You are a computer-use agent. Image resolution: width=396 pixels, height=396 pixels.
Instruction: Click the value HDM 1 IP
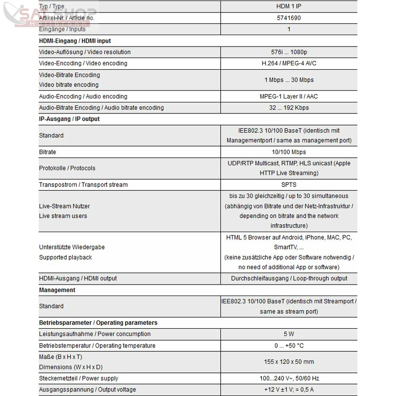289,6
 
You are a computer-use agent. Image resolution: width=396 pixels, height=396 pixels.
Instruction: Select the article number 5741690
289,18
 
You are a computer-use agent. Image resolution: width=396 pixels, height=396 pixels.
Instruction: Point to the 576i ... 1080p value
289,52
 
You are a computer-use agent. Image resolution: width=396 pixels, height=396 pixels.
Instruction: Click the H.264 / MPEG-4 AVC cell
289,63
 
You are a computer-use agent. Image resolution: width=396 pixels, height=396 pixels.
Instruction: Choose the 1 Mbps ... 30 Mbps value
289,80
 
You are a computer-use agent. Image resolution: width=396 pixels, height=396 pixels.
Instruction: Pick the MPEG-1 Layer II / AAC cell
289,97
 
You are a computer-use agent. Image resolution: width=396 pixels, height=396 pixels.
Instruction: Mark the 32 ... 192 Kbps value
289,108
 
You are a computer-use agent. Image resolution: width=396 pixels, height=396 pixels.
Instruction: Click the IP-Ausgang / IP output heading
69,119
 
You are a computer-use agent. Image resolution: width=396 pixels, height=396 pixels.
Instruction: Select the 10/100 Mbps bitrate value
289,152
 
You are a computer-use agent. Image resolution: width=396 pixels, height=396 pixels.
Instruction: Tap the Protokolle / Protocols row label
67,168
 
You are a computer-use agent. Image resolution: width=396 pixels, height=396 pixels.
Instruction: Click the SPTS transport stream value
289,185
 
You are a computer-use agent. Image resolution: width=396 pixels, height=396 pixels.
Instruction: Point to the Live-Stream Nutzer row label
64,206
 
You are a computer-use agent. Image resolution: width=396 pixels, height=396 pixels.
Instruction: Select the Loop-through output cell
289,278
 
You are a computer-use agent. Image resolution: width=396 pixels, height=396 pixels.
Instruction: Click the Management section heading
57,290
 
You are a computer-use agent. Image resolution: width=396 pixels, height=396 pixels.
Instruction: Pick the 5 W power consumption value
289,334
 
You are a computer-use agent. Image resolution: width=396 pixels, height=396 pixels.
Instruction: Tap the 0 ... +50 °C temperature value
289,346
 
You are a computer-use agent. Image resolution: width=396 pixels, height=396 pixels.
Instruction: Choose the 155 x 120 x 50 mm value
289,362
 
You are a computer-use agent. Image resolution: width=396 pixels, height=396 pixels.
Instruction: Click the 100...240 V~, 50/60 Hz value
289,378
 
